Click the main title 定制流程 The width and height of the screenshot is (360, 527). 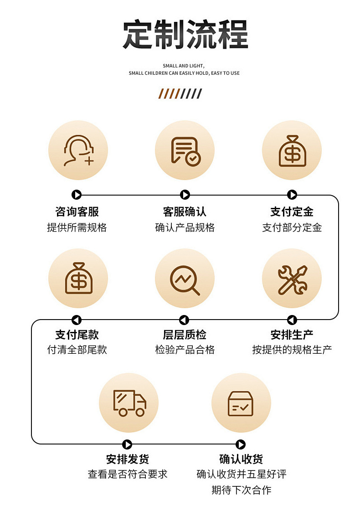coord(185,35)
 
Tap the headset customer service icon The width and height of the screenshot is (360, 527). coord(78,150)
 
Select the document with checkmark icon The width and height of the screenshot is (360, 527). coord(185,150)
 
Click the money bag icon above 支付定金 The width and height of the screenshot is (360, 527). coord(292,150)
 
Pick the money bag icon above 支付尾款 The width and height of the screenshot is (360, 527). coord(78,278)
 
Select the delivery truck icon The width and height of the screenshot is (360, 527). coord(129,403)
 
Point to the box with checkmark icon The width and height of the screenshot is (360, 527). coord(241,403)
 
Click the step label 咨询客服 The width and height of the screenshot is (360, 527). coord(77,212)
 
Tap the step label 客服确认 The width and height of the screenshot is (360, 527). coord(185,212)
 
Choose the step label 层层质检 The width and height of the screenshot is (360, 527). coord(185,335)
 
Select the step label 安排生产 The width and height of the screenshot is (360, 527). coord(292,335)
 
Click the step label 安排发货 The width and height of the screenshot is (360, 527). coord(128,459)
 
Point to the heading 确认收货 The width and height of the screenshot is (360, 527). coord(241,459)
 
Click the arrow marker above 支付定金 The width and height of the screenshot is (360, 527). coord(292,195)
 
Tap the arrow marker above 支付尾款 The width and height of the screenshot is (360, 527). coord(77,320)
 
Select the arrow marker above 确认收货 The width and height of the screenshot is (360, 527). coord(241,444)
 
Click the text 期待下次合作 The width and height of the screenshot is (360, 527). coord(241,491)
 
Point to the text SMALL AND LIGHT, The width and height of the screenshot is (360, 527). coord(184,66)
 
